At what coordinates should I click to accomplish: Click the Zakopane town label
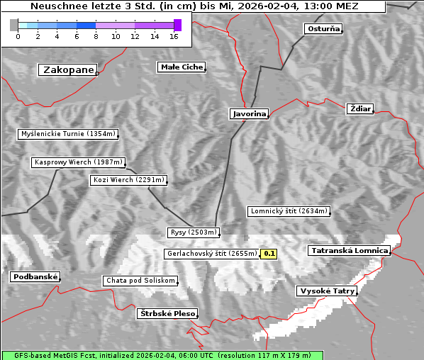[68, 69]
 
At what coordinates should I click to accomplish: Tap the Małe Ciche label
[181, 67]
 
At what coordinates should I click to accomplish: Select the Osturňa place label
[323, 29]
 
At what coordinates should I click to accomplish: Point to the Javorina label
[249, 113]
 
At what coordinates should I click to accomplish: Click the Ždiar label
[360, 108]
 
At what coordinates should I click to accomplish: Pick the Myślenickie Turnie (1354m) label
[67, 134]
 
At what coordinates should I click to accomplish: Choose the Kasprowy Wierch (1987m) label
[79, 162]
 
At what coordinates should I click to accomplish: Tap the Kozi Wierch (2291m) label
[129, 180]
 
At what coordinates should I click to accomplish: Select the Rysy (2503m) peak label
[194, 232]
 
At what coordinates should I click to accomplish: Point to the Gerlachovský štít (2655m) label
[211, 254]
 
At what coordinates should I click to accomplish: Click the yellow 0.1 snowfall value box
[269, 254]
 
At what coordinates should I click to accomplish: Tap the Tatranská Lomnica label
[350, 251]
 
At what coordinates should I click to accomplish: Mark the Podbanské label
[35, 277]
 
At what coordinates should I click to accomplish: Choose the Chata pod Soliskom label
[140, 281]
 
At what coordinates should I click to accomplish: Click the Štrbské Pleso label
[167, 313]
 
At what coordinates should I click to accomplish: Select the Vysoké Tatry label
[327, 291]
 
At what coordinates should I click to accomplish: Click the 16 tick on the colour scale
[174, 36]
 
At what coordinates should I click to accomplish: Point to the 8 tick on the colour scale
[96, 36]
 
